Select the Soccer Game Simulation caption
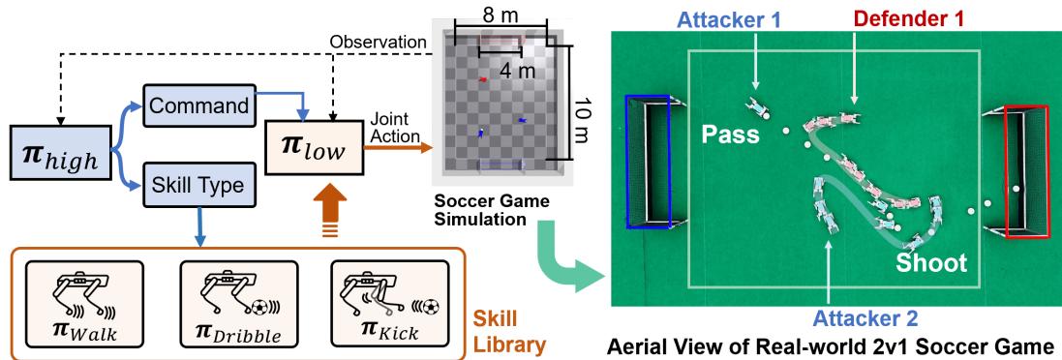coord(485,212)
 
